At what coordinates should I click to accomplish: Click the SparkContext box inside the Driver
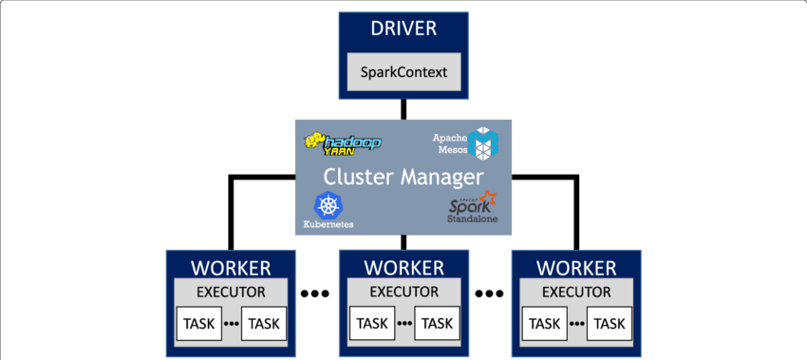(x=403, y=71)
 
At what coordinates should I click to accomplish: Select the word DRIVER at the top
(x=403, y=28)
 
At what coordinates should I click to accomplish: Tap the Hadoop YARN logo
(x=343, y=142)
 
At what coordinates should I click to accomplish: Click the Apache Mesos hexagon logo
(x=482, y=142)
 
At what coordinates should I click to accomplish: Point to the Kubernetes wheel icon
(x=328, y=205)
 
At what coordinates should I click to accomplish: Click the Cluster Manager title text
(x=403, y=177)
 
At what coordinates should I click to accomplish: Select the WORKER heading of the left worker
(x=231, y=268)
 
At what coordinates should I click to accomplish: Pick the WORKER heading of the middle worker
(x=403, y=268)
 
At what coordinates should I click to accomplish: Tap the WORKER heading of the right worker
(x=576, y=268)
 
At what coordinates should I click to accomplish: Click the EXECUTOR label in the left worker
(x=231, y=292)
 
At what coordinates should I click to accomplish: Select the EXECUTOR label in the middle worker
(x=403, y=292)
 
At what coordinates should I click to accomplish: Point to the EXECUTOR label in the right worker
(x=576, y=292)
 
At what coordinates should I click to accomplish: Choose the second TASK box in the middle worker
(x=437, y=324)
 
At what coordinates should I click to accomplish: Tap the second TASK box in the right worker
(x=610, y=324)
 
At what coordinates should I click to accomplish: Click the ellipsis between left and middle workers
(x=316, y=294)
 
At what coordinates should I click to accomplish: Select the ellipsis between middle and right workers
(x=489, y=294)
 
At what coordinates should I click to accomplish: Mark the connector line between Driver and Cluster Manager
(x=403, y=109)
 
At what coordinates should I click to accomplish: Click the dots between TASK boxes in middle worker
(x=404, y=324)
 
